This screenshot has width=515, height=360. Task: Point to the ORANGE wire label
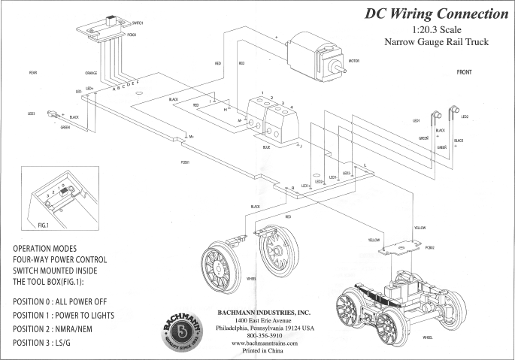pyautogui.click(x=90, y=73)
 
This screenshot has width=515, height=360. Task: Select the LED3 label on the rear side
pyautogui.click(x=32, y=113)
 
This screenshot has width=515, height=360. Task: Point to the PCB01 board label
pyautogui.click(x=185, y=162)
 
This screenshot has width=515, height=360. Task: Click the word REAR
pyautogui.click(x=33, y=73)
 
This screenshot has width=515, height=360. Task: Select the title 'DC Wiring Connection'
pyautogui.click(x=436, y=14)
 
